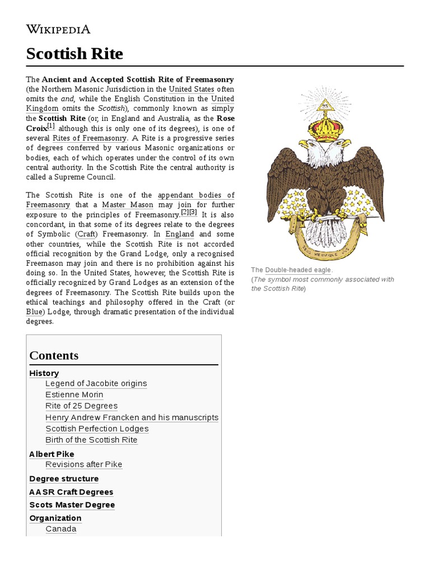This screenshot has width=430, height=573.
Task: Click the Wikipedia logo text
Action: pos(58,30)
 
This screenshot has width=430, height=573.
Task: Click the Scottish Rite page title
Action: pos(74,54)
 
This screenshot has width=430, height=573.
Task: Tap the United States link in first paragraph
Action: pos(191,90)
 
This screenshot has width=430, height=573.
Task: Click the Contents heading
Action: pos(54,356)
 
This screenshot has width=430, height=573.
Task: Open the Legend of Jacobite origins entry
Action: pos(96,383)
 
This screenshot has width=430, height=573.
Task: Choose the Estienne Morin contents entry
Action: pos(74,394)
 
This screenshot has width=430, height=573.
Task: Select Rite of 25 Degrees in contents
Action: pos(81,406)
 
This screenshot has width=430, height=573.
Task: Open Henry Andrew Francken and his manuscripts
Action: pos(132,417)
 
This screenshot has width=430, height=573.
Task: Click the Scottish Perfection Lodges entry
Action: pos(97,429)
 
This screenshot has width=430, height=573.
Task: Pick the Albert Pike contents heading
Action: pos(52,454)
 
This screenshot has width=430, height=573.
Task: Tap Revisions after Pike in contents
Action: pos(83,464)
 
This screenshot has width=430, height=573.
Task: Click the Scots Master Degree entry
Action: pos(72,505)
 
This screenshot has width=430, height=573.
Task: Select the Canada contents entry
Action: pos(60,529)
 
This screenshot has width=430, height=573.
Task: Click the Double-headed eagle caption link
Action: pos(298,270)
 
